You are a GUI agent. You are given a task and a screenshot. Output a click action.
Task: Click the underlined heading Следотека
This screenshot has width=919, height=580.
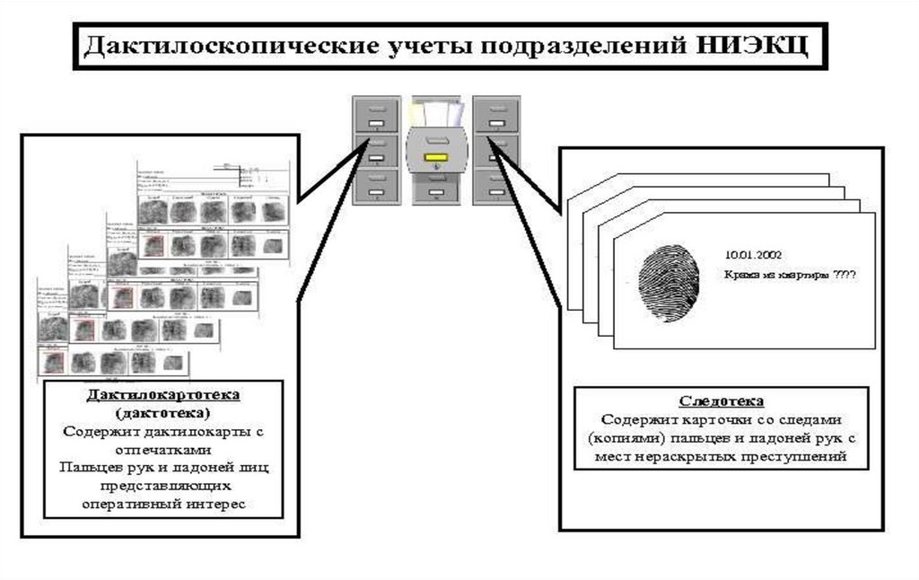(x=721, y=401)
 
